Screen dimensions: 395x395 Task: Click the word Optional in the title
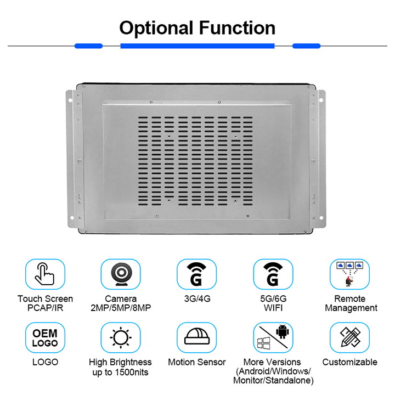coord(156,28)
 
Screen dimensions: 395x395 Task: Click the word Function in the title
coord(238,27)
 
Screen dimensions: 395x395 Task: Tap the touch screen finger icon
coord(45,274)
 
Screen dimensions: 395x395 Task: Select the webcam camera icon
coord(121,274)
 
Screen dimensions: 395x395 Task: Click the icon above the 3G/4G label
coord(196,274)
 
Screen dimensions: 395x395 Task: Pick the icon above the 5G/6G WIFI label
coord(273,274)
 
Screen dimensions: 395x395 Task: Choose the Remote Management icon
coord(349,274)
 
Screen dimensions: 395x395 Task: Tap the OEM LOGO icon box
coord(45,337)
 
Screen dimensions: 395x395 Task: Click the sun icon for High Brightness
coord(121,337)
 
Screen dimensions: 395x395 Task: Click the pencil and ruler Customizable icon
coord(350,337)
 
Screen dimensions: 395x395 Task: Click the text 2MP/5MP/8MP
coord(121,308)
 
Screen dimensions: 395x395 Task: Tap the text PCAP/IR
coord(46,308)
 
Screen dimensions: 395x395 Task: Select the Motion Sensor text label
coord(197,362)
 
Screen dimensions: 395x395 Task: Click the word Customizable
coord(350,362)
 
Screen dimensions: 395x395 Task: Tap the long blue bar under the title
coord(198,46)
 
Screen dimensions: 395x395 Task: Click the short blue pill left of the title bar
coord(88,46)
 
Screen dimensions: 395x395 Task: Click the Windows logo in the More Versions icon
coord(263,343)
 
